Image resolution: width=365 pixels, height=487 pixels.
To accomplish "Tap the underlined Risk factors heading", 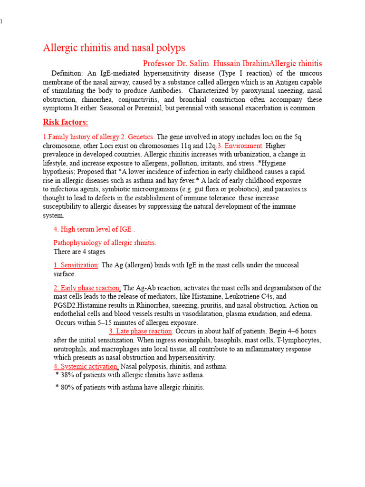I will (x=66, y=122).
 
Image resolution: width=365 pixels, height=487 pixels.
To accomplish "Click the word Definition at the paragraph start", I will (x=67, y=73).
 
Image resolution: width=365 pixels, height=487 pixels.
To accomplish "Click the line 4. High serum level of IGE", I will (x=94, y=229).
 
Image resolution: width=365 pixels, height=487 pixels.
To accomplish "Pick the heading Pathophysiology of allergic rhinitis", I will (x=105, y=243).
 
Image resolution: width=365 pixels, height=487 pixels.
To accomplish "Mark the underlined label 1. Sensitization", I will (x=76, y=265).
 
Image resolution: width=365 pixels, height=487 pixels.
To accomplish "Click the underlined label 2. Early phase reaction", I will (x=87, y=288).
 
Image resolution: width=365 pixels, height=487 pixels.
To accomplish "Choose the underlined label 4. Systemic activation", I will (x=86, y=366).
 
